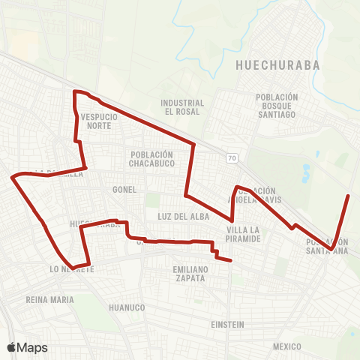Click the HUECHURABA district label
click(277, 65)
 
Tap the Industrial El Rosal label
click(182, 107)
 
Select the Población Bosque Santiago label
click(277, 106)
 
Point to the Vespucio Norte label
click(96, 121)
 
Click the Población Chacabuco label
click(151, 159)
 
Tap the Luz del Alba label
click(176, 216)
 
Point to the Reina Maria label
click(50, 300)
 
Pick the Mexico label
click(286, 346)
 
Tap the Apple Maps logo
click(27, 347)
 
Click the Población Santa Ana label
click(327, 246)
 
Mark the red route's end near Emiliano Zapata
click(230, 260)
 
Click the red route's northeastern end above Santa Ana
click(349, 196)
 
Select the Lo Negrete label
click(72, 268)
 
